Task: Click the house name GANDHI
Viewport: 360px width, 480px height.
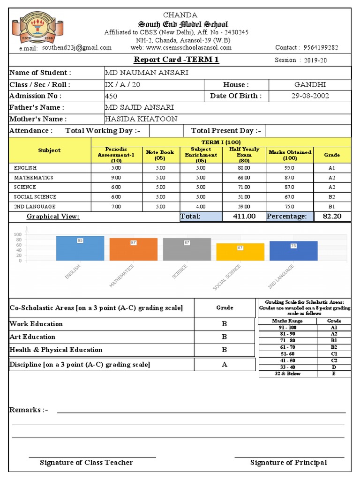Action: pyautogui.click(x=310, y=84)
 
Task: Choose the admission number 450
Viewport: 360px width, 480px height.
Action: pyautogui.click(x=112, y=96)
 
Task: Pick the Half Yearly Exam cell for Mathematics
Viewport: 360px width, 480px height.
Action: pyautogui.click(x=244, y=178)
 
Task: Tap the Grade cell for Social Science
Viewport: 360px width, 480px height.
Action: pyautogui.click(x=332, y=197)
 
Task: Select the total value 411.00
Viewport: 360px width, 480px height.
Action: pyautogui.click(x=244, y=216)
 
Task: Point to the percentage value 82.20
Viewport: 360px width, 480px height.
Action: pyautogui.click(x=332, y=216)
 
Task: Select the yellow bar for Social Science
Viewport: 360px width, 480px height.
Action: pyautogui.click(x=240, y=252)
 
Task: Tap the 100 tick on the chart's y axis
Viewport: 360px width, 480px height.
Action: pyautogui.click(x=18, y=234)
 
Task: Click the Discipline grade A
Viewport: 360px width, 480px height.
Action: pyautogui.click(x=225, y=365)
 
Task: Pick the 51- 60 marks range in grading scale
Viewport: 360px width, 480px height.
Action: pyautogui.click(x=287, y=354)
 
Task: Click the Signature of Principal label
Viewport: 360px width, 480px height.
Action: pyautogui.click(x=288, y=463)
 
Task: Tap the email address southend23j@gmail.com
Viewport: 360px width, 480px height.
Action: pyautogui.click(x=77, y=47)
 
